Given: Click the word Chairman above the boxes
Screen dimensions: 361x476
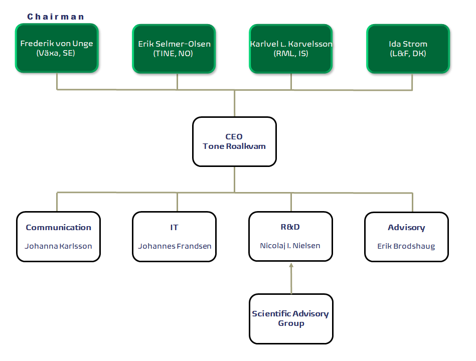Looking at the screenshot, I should [56, 17].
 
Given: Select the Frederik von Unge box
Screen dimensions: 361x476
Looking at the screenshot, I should [57, 48].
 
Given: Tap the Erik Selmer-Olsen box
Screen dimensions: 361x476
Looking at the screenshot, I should [174, 48].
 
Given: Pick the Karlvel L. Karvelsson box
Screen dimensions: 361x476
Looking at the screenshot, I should [291, 48].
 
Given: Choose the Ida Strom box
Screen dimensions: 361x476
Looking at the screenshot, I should [408, 48].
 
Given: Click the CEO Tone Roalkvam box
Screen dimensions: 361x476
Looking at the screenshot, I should [234, 141].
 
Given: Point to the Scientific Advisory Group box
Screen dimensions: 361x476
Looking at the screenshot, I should [291, 318].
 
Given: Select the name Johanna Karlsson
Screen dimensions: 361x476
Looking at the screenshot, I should [58, 246].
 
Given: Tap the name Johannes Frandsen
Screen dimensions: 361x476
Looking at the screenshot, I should [175, 246].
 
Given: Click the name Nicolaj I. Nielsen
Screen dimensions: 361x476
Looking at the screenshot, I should [290, 246].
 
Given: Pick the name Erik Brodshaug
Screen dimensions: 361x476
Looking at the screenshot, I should [406, 246].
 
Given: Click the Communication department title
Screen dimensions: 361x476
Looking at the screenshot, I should [58, 228].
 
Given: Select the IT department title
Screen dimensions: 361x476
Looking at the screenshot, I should [174, 228].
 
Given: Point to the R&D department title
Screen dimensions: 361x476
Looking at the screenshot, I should [290, 227].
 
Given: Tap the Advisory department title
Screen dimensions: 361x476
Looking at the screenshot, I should [406, 228].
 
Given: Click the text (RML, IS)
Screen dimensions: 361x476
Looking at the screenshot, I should [291, 53].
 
